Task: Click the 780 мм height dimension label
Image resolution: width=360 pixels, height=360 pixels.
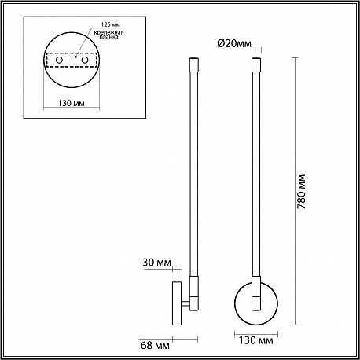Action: (302, 191)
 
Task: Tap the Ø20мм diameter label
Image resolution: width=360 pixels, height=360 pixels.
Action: (234, 43)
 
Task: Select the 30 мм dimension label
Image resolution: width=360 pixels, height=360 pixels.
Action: (157, 262)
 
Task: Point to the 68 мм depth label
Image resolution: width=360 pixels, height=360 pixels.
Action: (155, 345)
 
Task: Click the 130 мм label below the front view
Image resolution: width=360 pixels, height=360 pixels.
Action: (255, 340)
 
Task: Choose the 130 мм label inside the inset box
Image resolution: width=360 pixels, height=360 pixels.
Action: (72, 103)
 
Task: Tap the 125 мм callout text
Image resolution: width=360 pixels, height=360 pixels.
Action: (111, 24)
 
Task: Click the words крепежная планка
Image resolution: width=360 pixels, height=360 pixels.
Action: (109, 35)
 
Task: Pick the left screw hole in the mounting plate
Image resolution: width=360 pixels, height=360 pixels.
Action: (59, 60)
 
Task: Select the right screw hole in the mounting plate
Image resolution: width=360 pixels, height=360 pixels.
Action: (85, 60)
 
